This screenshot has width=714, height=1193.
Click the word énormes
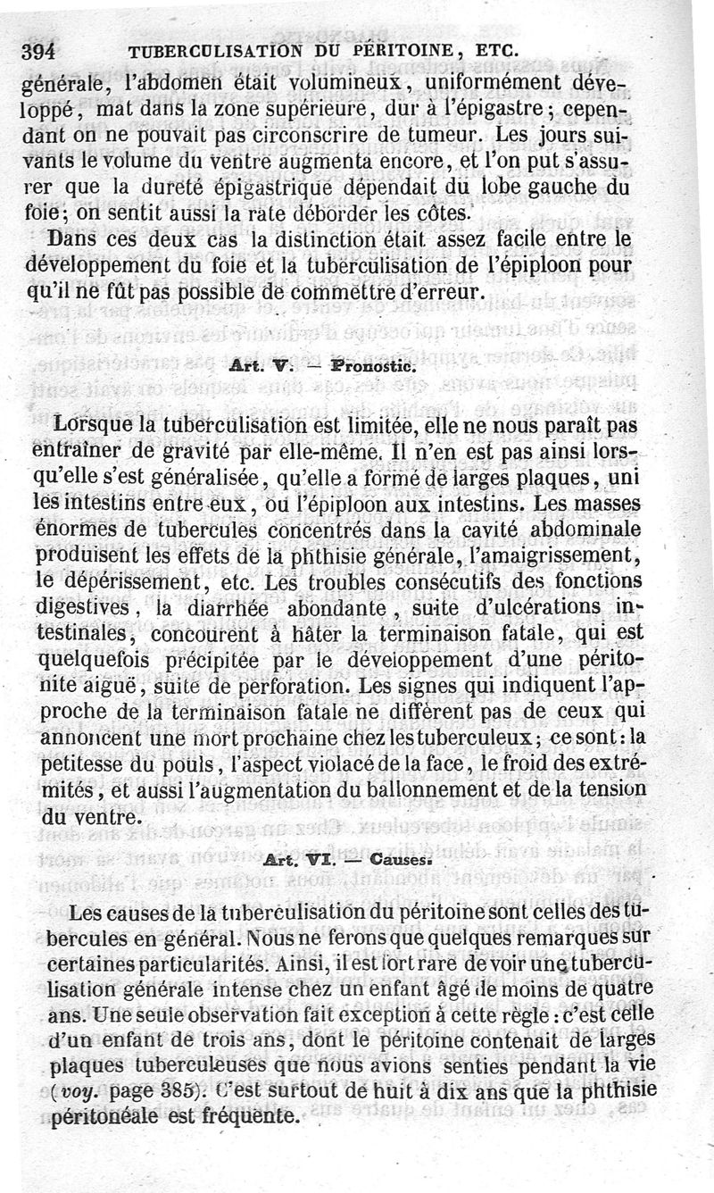(87, 530)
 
